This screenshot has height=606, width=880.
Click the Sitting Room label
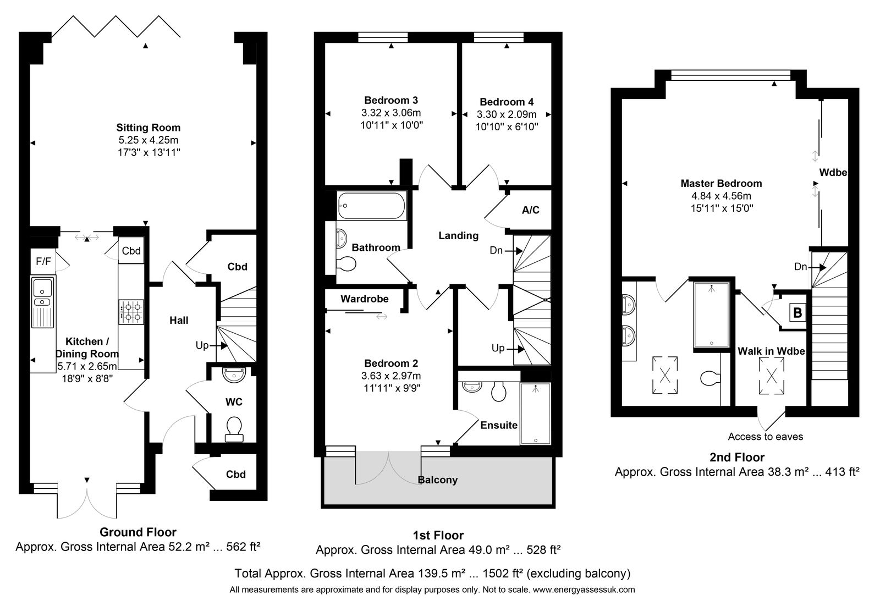coord(148,128)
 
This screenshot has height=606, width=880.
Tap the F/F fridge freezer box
coord(43,261)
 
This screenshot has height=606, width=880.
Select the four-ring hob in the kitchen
coord(131,312)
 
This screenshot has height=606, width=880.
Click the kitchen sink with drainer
coord(43,303)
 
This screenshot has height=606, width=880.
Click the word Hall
coord(179,321)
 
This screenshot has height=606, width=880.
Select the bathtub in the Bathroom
coord(371,206)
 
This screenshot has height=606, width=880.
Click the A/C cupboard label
coord(530,210)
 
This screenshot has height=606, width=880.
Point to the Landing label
coord(459,236)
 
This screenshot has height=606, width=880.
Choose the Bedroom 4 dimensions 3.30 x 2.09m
coord(507,114)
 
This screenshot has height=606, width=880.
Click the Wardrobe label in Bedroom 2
coord(365,299)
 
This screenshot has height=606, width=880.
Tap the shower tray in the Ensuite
coord(536,414)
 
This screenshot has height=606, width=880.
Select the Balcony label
coord(438,480)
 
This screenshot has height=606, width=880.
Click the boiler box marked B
coord(798,312)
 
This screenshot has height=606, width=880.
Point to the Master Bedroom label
coord(721,184)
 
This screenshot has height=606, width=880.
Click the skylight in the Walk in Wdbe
coord(772,376)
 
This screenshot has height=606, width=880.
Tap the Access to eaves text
coord(765,436)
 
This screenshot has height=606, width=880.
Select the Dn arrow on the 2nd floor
coord(810,267)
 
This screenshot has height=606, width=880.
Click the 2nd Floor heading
coord(737,457)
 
